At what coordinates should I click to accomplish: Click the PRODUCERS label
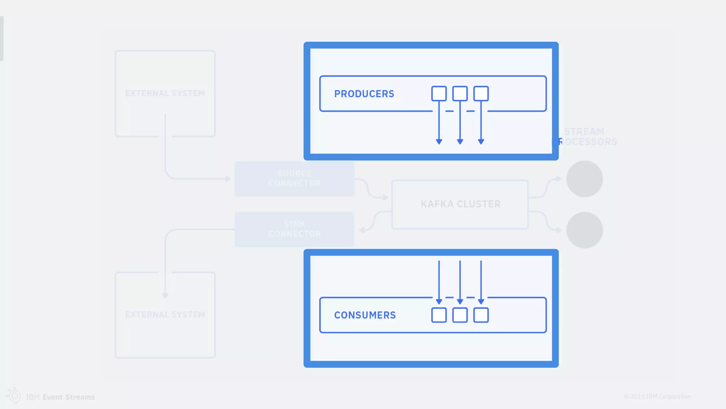364,94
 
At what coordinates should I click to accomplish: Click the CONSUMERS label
365,315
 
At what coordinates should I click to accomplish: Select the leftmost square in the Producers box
439,93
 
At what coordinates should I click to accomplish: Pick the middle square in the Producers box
460,93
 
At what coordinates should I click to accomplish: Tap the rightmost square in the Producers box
481,93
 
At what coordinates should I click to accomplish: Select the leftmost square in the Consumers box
439,315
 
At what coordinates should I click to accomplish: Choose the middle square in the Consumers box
460,315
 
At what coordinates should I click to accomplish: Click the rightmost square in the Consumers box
481,315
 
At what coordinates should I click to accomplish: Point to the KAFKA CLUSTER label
460,204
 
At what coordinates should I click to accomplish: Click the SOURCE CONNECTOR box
294,179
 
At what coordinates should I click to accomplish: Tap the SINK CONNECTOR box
294,229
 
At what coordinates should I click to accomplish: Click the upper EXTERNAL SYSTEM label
165,93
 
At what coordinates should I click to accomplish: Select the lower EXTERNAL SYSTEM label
165,315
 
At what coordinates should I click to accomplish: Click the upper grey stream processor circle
585,179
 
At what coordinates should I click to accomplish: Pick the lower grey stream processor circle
585,230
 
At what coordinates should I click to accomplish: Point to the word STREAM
584,132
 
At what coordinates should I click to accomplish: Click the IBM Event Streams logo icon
14,396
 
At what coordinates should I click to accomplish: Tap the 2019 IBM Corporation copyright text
658,396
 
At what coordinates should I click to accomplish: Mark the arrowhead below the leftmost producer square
439,142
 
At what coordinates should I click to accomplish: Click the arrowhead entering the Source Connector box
228,179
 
